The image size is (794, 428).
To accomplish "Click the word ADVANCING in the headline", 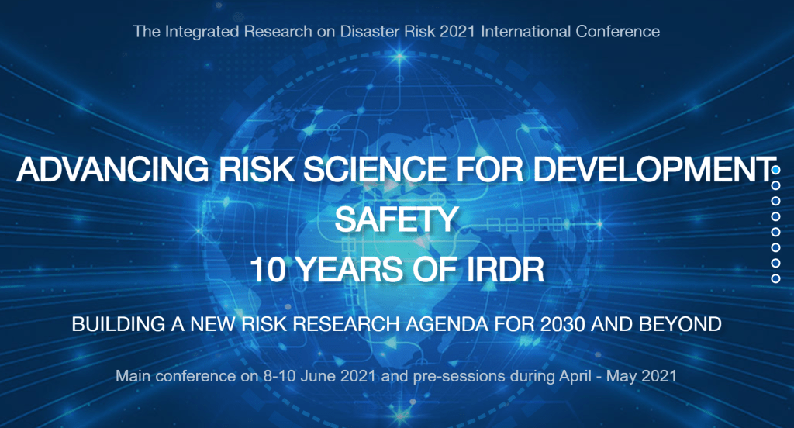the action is point(112,169).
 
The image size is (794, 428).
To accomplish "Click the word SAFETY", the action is point(396,219).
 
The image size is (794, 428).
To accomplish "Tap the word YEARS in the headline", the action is point(349,270).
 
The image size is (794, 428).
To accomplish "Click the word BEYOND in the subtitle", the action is point(680,324).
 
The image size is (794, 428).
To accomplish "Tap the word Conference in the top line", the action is point(618,32).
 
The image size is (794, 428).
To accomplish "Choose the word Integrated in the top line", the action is point(202,32).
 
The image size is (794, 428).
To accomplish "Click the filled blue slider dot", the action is point(775,170).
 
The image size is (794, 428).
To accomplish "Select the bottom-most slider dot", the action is point(775,278).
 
